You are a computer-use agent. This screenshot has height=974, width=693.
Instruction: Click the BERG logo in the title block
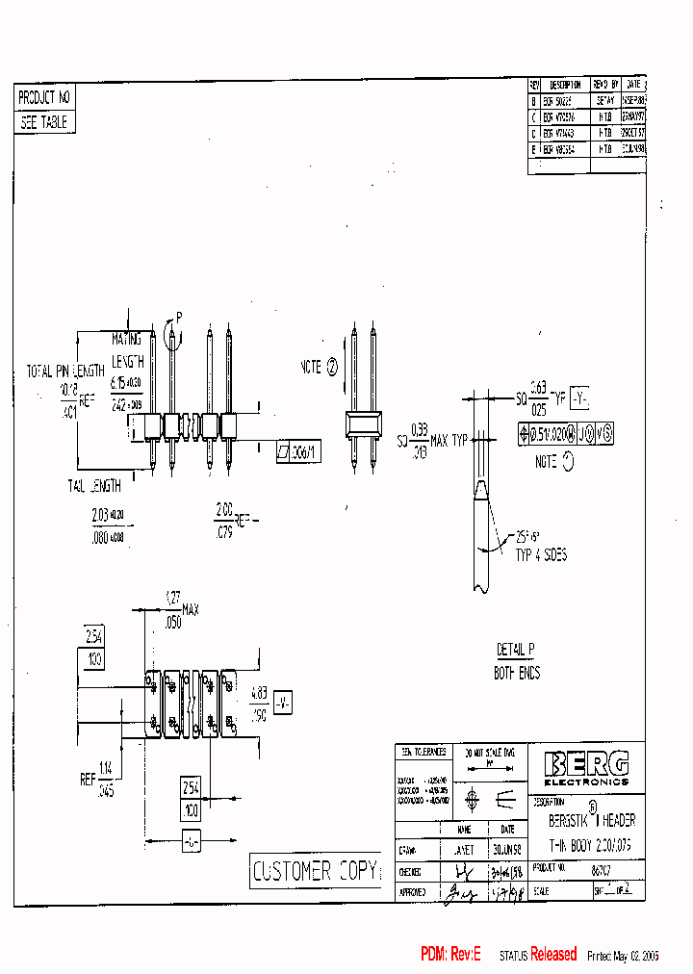586,765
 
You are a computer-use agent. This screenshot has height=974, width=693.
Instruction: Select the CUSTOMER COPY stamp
314,871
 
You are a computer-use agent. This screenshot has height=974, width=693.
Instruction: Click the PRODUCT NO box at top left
44,97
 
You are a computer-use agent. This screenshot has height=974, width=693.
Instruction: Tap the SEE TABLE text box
44,122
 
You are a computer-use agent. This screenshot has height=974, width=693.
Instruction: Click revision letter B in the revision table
534,99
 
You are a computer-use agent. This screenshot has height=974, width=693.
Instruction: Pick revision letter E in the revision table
534,149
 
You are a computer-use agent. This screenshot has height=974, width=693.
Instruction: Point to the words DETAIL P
516,651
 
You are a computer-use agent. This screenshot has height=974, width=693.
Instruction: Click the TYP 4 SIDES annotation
540,555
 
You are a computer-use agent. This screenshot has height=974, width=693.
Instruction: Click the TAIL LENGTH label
95,486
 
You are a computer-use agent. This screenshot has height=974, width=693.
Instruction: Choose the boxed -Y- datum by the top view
283,703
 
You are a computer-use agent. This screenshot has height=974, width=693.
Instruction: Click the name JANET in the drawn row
464,850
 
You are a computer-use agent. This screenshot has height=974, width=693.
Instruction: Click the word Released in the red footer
553,954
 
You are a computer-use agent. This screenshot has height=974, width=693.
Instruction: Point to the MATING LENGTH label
126,350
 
